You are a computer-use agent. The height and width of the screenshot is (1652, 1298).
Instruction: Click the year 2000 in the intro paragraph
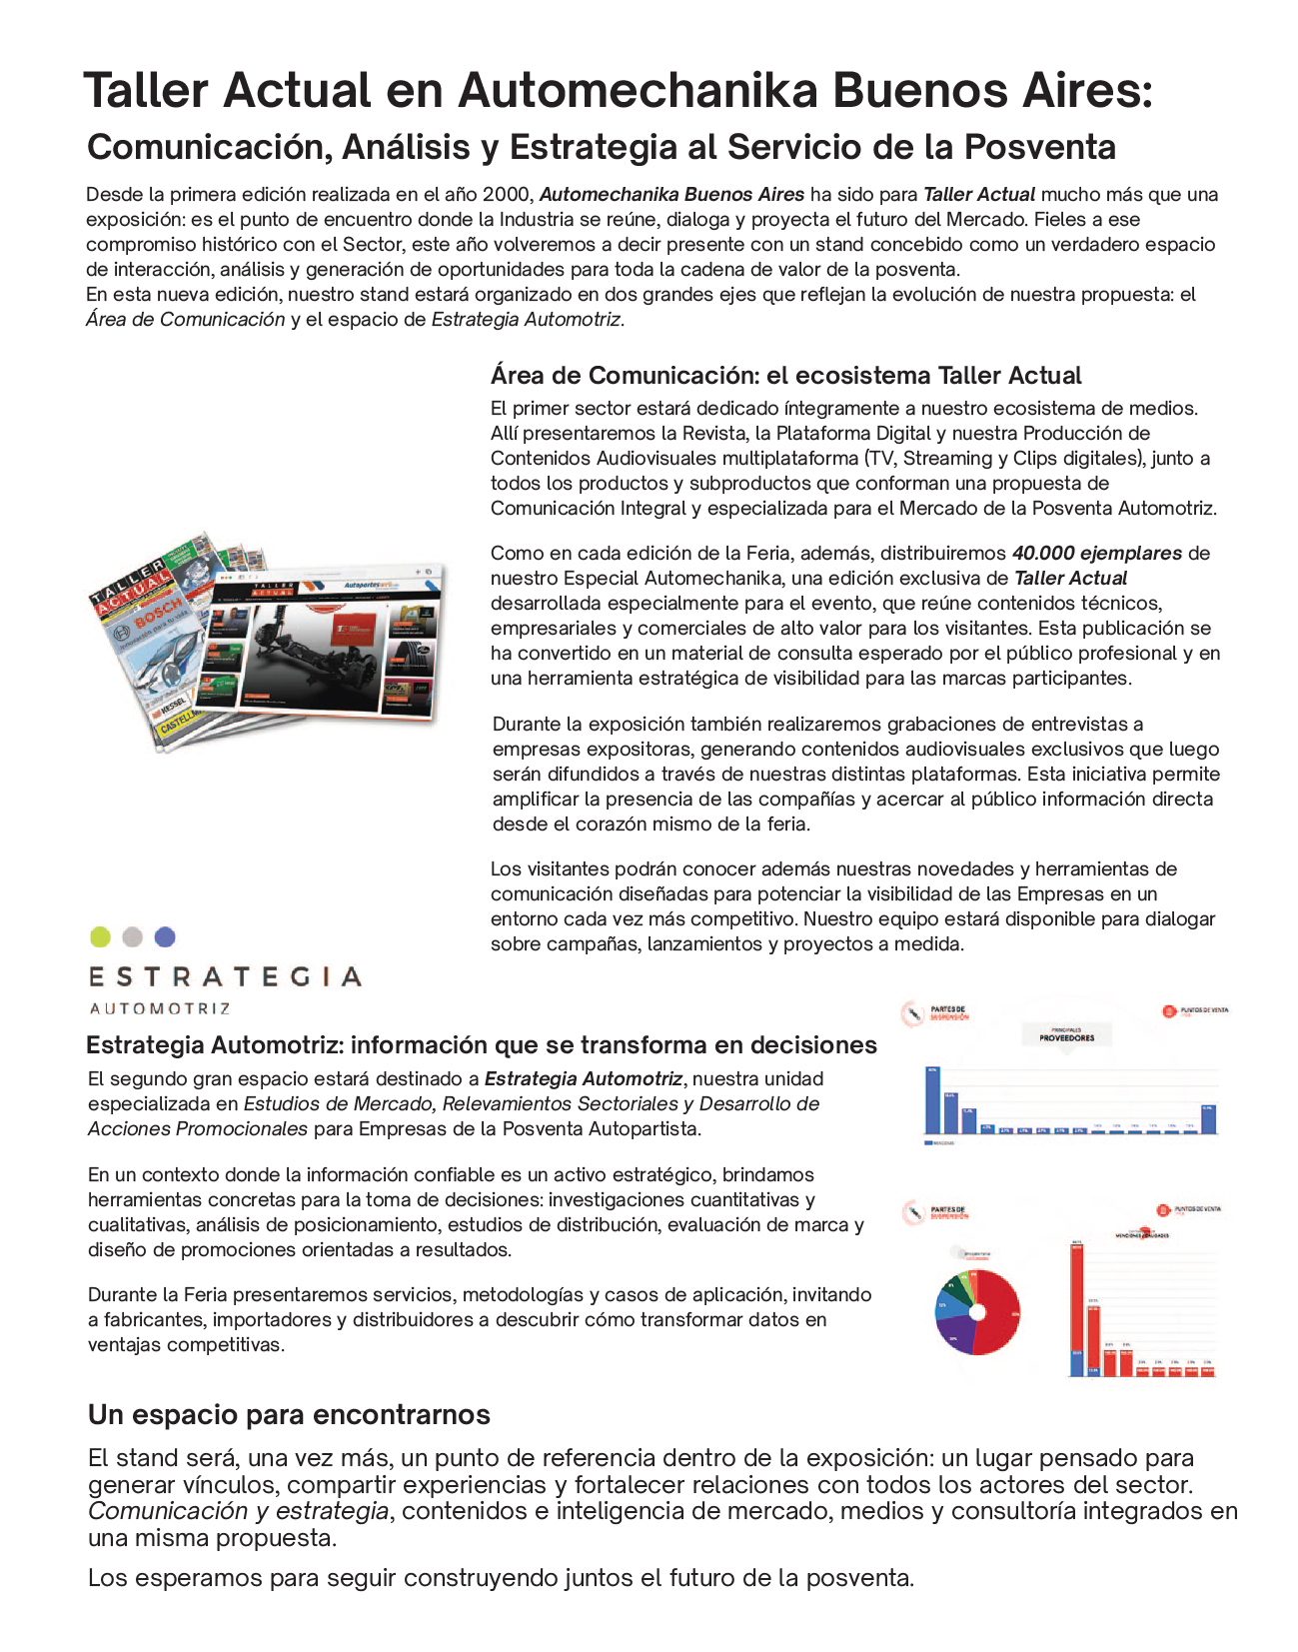tap(508, 195)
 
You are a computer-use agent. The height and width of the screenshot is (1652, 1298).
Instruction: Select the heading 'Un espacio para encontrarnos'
tap(289, 1415)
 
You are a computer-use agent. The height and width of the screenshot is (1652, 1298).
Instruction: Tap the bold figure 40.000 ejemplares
tap(1096, 554)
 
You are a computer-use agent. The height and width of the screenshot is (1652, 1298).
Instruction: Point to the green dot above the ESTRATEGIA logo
tap(100, 936)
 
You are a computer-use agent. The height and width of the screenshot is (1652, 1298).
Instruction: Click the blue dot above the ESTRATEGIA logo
tap(165, 936)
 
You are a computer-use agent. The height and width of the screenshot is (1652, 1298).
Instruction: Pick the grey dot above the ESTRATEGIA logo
tap(132, 936)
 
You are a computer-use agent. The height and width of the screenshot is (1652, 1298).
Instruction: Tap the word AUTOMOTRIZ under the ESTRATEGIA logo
tap(160, 1008)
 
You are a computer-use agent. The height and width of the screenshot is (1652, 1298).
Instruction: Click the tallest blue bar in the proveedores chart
tap(932, 1099)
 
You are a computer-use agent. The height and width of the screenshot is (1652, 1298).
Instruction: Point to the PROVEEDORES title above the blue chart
tap(1066, 1037)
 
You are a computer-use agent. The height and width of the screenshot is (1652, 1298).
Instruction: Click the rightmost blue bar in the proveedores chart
tap(1209, 1118)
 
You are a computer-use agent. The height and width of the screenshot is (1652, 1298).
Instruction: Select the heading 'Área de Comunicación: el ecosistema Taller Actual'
tap(785, 376)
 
